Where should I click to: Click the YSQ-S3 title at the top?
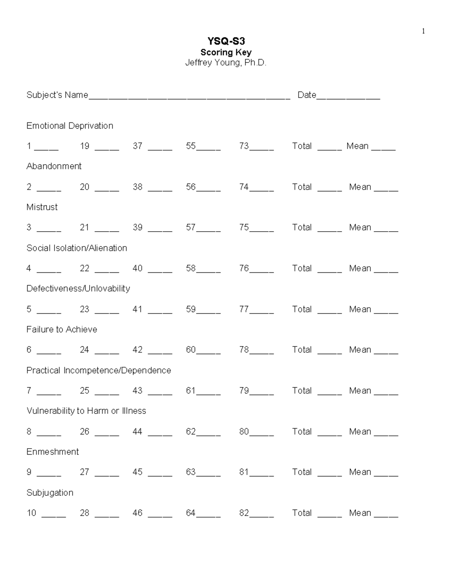(x=226, y=41)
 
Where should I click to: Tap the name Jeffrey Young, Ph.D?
(x=226, y=63)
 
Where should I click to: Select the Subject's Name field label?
(x=57, y=95)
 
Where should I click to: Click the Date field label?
(x=307, y=95)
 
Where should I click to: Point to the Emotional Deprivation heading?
(x=70, y=126)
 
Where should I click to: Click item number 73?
(x=244, y=146)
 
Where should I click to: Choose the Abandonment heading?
(x=54, y=166)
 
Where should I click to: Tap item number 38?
(x=137, y=187)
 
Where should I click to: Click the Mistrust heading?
(x=42, y=207)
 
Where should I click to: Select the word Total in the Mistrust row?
(x=302, y=228)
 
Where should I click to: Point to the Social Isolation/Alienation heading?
(x=77, y=248)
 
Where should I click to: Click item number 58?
(x=191, y=268)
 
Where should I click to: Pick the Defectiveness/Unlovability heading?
(x=78, y=289)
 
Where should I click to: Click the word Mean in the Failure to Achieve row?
(x=360, y=350)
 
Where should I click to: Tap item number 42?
(x=137, y=350)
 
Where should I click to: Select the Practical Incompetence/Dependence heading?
(x=99, y=370)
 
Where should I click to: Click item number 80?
(x=244, y=432)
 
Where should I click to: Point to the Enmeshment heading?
(x=53, y=452)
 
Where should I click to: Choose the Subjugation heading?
(x=50, y=493)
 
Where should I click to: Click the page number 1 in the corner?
(x=423, y=31)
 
